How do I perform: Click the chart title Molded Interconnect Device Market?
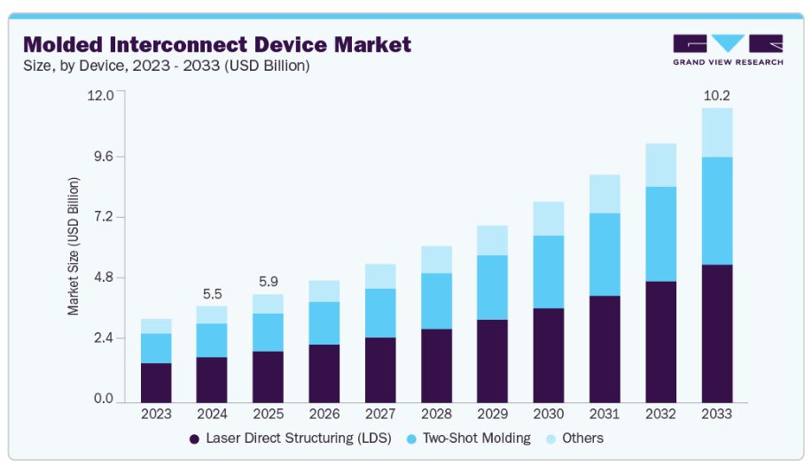(x=217, y=43)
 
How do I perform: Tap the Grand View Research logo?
(x=728, y=50)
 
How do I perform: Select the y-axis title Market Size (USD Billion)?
(x=74, y=246)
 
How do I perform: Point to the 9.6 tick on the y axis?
(x=102, y=157)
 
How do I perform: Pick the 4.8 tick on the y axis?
(x=102, y=278)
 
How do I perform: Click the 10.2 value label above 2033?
(x=716, y=96)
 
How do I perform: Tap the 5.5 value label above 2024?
(x=212, y=293)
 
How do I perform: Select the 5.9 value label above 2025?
(x=268, y=282)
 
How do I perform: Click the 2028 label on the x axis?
(x=436, y=413)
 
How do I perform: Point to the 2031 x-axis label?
(x=605, y=413)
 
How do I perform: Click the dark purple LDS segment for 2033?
(x=716, y=333)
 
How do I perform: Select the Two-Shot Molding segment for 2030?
(x=549, y=272)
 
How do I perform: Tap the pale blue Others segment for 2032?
(x=660, y=165)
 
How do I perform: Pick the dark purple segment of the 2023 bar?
(x=156, y=382)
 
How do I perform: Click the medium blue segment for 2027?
(x=380, y=313)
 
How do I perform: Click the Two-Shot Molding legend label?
(x=476, y=438)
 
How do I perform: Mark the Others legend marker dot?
(x=551, y=439)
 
